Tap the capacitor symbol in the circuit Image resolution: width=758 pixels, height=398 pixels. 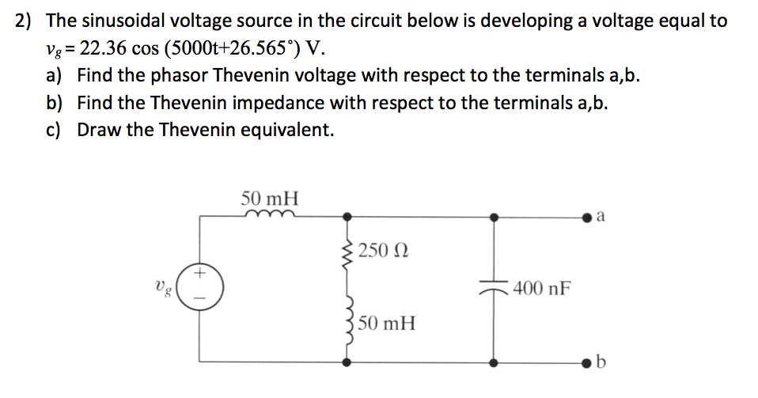point(495,289)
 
